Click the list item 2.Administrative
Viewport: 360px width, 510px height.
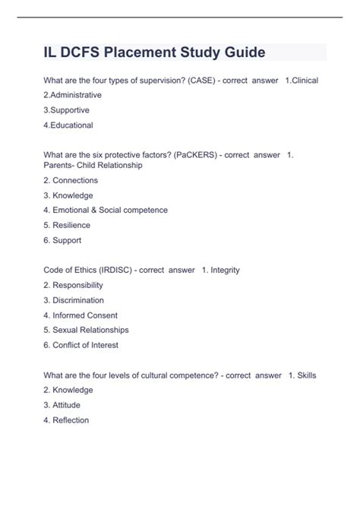click(x=73, y=96)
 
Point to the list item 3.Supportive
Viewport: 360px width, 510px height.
click(x=67, y=110)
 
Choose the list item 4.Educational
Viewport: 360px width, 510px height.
click(x=68, y=125)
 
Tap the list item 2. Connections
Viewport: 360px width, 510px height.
click(x=71, y=180)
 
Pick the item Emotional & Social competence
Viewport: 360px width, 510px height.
click(x=106, y=210)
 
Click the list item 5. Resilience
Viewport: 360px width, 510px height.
click(x=67, y=225)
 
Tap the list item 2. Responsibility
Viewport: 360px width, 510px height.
click(x=74, y=285)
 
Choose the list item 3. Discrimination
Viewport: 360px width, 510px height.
click(x=74, y=300)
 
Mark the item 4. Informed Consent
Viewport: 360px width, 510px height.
click(x=81, y=315)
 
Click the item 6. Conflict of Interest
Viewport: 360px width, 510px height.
click(x=81, y=345)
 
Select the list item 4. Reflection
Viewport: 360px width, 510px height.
click(x=67, y=420)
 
